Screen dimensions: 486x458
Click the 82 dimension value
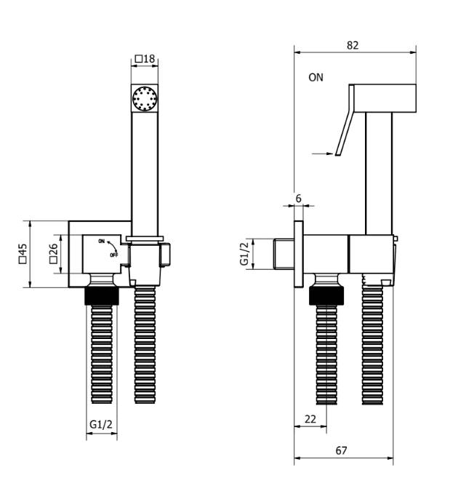[x=353, y=44]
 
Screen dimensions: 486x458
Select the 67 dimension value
[x=341, y=450]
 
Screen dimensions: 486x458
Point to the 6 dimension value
[x=298, y=199]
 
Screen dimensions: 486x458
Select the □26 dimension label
[x=53, y=253]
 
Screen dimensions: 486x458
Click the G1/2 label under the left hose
[x=101, y=423]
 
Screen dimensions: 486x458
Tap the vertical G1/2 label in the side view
[x=244, y=253]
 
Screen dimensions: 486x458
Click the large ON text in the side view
[x=316, y=76]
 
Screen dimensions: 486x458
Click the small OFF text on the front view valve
[x=114, y=255]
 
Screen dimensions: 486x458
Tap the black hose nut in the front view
[x=101, y=295]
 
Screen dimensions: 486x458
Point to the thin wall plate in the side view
[x=298, y=254]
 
